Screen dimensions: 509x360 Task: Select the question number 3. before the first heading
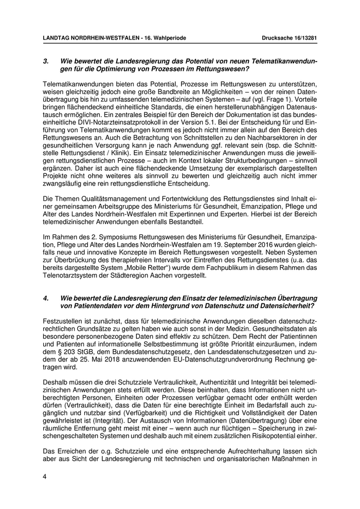(x=45, y=61)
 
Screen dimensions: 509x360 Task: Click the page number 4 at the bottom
(x=45, y=477)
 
